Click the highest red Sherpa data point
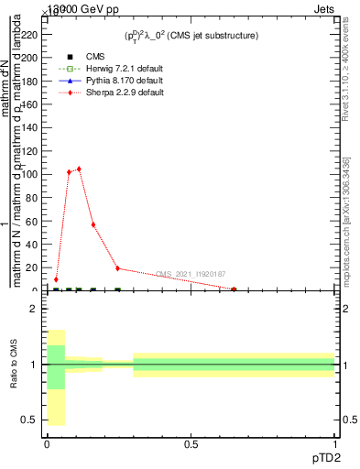point(79,169)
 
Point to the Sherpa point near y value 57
point(93,224)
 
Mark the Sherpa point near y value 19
point(117,268)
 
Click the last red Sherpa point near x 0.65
point(234,289)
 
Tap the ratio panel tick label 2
point(33,309)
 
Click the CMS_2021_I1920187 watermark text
point(191,274)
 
